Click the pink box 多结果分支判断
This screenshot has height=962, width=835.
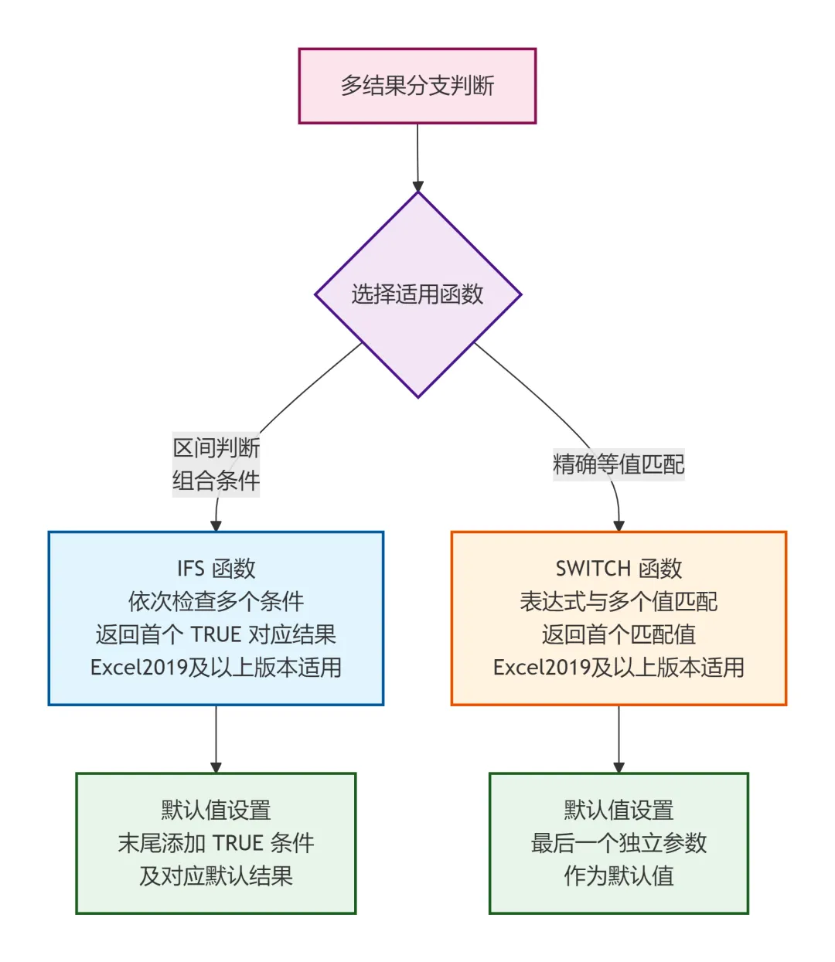tap(417, 86)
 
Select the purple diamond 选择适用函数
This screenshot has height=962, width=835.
tap(417, 294)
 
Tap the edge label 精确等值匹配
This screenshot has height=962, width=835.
tap(619, 464)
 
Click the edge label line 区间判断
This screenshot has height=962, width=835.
tap(216, 448)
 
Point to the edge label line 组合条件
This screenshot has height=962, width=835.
tap(216, 481)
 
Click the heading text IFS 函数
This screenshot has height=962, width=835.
tap(216, 569)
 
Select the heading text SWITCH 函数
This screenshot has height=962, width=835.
tap(619, 569)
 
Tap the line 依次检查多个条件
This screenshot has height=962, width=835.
tap(216, 601)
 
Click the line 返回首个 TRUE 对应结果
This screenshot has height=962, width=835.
tap(216, 634)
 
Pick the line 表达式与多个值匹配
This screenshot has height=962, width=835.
tap(619, 601)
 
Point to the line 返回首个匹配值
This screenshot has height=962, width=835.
tap(619, 634)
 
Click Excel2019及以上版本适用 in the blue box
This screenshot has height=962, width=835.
tap(216, 668)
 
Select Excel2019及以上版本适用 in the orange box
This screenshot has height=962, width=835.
tap(619, 668)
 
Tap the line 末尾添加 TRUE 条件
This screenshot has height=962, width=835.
tap(216, 843)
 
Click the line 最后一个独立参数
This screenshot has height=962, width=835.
tap(619, 843)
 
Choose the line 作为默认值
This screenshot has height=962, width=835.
tap(619, 876)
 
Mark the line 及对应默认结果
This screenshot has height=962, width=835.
tap(216, 876)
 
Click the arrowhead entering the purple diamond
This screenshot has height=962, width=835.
tap(417, 186)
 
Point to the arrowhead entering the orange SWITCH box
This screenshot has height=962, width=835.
tap(619, 526)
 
